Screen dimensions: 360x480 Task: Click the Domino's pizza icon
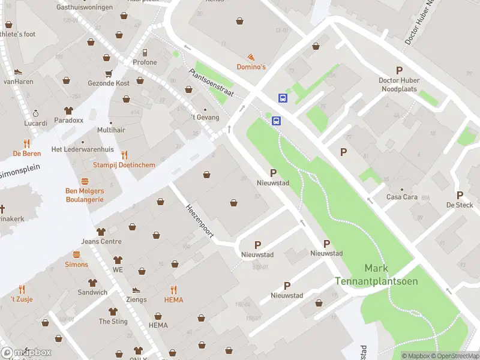(251, 56)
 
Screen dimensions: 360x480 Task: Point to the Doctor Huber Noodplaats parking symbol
(399, 70)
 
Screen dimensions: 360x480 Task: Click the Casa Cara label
(401, 197)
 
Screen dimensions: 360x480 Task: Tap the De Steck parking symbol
(460, 195)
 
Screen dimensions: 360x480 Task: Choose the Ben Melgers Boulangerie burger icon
(85, 181)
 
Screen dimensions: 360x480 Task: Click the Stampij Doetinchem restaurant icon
(124, 155)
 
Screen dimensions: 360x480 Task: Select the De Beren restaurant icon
(26, 143)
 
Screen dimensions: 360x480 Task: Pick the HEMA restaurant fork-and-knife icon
(173, 289)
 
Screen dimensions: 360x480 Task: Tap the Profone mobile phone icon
(145, 52)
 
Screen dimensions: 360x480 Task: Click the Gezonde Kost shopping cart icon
(109, 73)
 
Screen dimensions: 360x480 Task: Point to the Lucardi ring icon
(35, 113)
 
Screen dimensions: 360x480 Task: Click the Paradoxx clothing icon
(68, 110)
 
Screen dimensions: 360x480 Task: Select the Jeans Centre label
(101, 242)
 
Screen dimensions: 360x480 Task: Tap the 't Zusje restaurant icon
(21, 289)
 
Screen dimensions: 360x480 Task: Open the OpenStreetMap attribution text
(458, 356)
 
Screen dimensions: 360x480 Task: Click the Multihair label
(111, 130)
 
